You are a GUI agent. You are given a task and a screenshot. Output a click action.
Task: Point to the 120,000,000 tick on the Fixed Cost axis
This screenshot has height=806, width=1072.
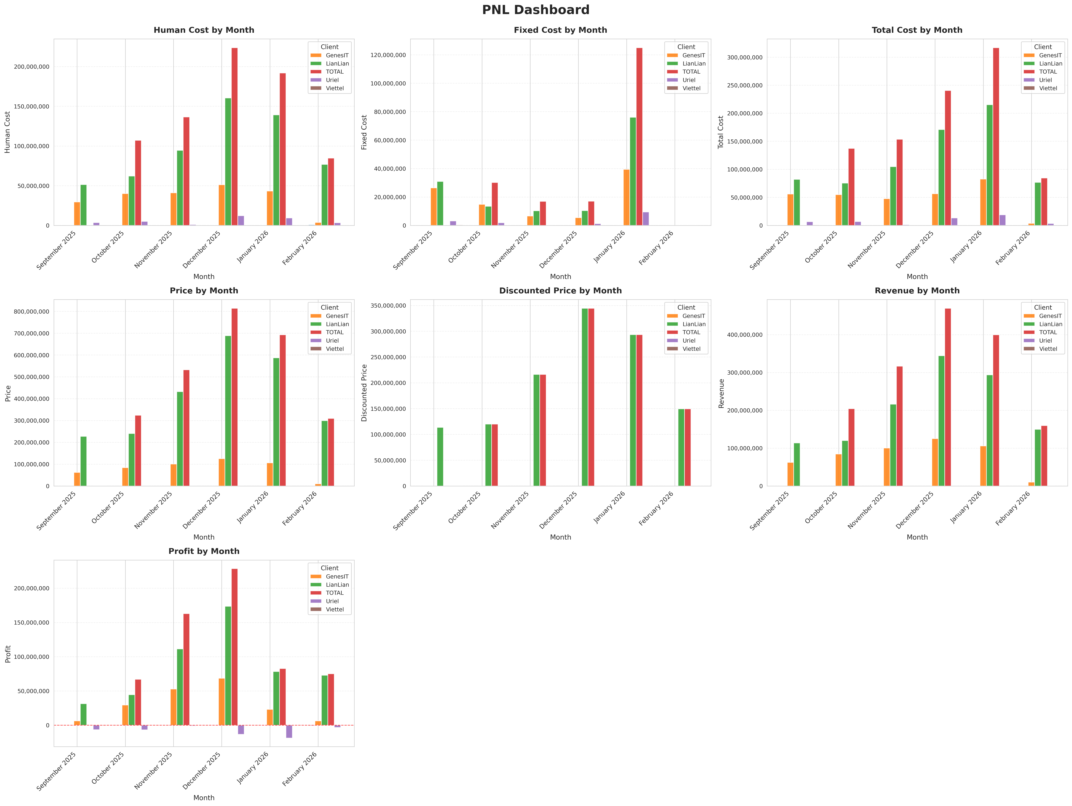point(388,55)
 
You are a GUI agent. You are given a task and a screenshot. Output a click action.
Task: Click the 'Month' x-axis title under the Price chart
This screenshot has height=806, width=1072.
point(204,537)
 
